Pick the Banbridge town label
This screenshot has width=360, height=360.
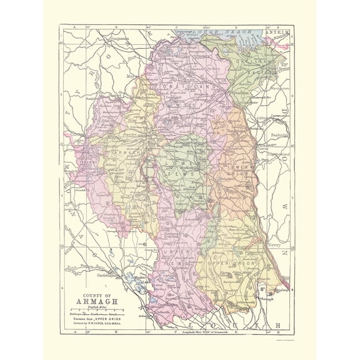tap(279, 134)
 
